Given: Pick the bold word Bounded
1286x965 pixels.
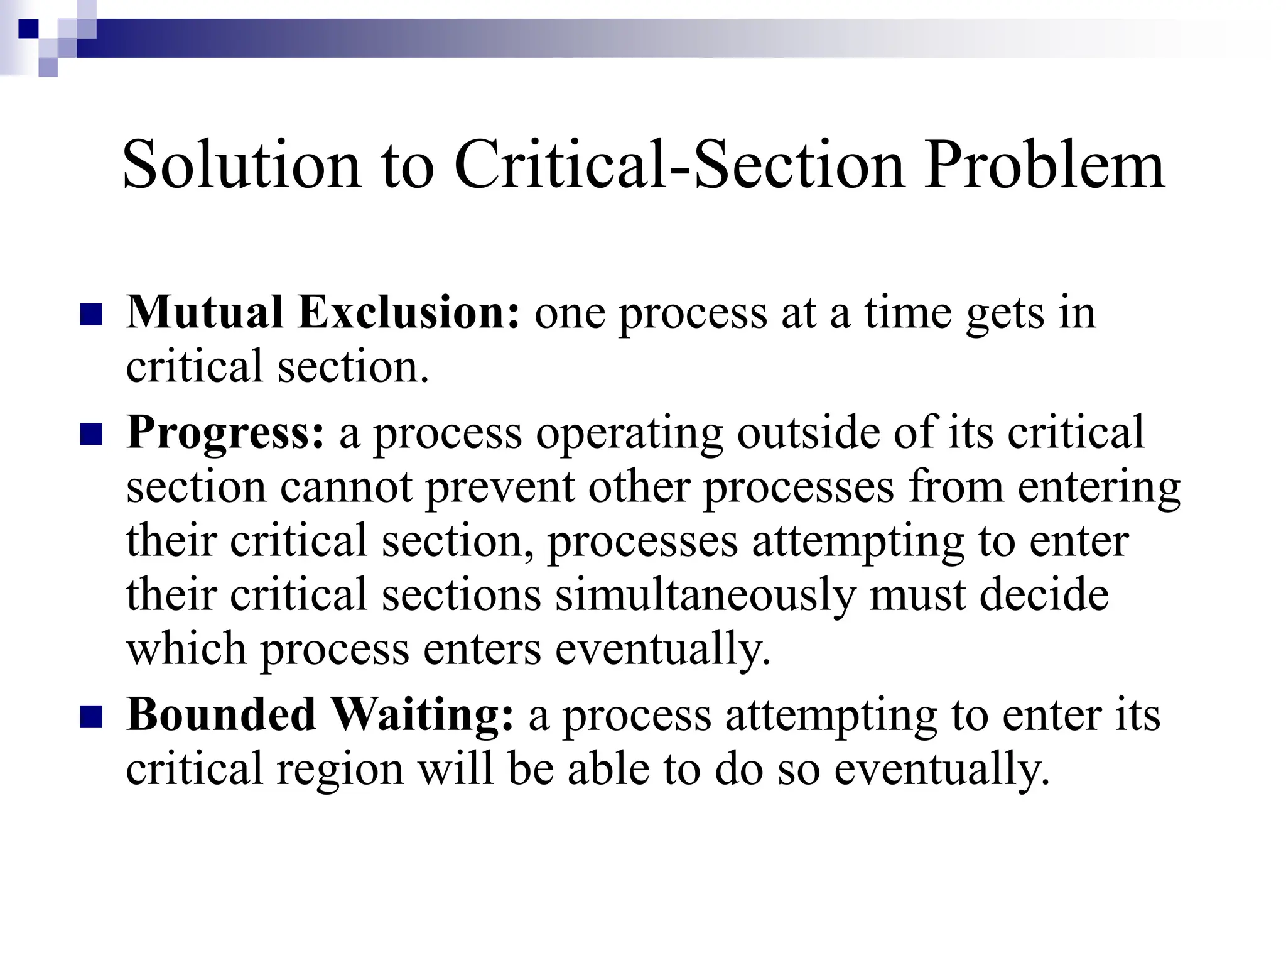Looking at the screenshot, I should [221, 714].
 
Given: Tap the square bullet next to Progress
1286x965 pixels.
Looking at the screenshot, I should [92, 435].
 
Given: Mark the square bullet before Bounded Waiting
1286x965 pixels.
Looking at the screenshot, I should [92, 717].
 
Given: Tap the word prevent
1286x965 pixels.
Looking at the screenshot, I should [500, 488].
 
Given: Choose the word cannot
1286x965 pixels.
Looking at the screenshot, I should [346, 487].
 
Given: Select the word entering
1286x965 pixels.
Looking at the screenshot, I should [1099, 488].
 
